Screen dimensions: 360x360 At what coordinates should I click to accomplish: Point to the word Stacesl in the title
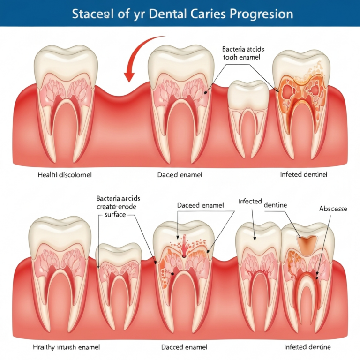[92, 14]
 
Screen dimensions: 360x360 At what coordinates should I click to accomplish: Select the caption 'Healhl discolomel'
[65, 174]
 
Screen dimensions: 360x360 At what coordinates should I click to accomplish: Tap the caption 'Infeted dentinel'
[303, 174]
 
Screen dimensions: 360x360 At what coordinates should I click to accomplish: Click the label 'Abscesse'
[333, 209]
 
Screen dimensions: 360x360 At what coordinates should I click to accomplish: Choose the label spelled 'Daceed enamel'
[201, 205]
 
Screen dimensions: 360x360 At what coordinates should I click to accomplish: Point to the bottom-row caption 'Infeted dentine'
[307, 347]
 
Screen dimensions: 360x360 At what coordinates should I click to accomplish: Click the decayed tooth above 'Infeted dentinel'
[300, 103]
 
